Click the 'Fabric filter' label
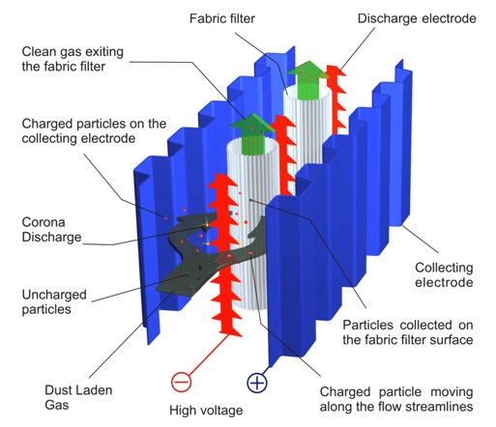[x=222, y=18]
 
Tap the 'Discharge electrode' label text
[x=417, y=18]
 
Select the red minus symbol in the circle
[x=181, y=382]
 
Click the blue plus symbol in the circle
[x=257, y=383]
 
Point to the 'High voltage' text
[x=206, y=411]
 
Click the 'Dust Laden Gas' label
[x=78, y=397]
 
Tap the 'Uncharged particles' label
[x=54, y=301]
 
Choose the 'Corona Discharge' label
[x=51, y=230]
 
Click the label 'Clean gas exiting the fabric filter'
[x=73, y=59]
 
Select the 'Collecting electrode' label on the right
[x=444, y=274]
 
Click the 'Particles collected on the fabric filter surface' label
[x=408, y=332]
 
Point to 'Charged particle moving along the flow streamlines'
[x=396, y=399]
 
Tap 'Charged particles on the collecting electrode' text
[x=94, y=131]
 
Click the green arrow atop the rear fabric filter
[x=307, y=79]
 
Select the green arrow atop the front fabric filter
[x=252, y=133]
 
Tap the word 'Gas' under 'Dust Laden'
[x=57, y=405]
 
